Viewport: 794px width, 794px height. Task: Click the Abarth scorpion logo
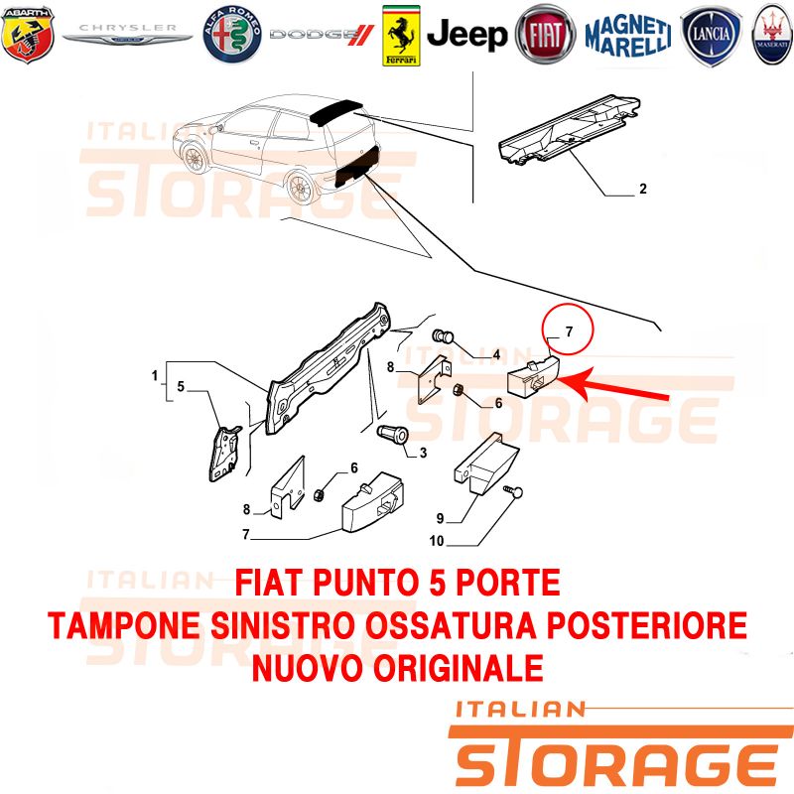[x=28, y=35]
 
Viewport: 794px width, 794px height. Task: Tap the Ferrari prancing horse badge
[x=401, y=36]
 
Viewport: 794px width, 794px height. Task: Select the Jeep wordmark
[x=466, y=35]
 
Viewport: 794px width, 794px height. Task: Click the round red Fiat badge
[x=545, y=35]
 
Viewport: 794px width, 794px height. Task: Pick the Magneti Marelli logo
[x=628, y=35]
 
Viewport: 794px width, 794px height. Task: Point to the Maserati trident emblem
[x=773, y=35]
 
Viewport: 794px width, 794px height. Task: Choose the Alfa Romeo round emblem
[x=232, y=35]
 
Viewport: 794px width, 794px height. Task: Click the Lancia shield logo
[x=712, y=35]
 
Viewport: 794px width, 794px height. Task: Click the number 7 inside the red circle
[x=569, y=331]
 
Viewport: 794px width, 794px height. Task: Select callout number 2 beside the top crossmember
[x=643, y=189]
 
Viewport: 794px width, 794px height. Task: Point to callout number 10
[x=437, y=541]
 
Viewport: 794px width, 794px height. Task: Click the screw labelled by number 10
[x=513, y=492]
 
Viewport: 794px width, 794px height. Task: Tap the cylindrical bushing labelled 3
[x=393, y=435]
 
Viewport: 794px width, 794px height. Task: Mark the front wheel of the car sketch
[x=194, y=159]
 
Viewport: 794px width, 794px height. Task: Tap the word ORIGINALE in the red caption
[x=459, y=668]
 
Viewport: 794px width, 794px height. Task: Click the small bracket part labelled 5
[x=225, y=454]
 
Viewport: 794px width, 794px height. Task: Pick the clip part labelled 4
[x=444, y=336]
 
